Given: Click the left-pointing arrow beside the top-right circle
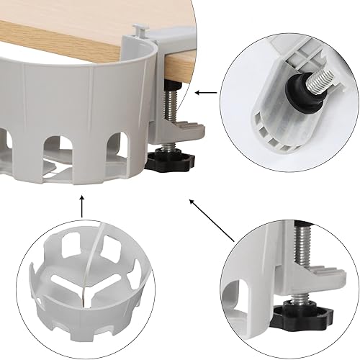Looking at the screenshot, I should (x=206, y=91).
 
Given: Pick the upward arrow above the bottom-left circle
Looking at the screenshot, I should (x=81, y=210).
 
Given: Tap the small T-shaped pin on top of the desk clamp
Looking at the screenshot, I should (x=140, y=30).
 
